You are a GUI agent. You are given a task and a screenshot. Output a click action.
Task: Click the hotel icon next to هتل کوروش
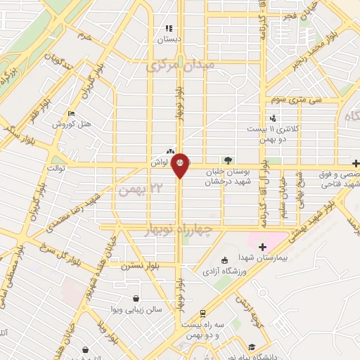coord(71,113)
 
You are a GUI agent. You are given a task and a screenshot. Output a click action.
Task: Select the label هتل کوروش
coord(74,124)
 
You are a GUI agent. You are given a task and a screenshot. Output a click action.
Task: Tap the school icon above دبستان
coord(168,28)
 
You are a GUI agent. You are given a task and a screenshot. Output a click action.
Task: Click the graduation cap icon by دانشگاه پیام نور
coord(251,347)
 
